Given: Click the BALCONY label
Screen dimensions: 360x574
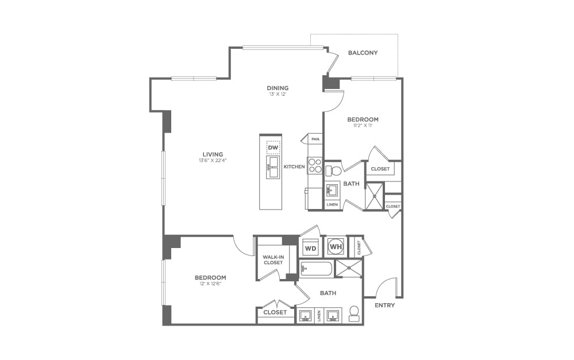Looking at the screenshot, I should click(x=363, y=53).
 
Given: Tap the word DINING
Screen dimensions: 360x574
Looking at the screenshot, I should click(x=277, y=88).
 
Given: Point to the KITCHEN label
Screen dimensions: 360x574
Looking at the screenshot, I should click(x=294, y=167).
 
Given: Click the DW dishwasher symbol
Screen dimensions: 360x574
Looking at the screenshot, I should click(x=273, y=148).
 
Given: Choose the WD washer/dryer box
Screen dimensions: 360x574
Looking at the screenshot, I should click(x=310, y=249).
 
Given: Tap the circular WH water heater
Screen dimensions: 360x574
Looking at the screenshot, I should click(x=335, y=247).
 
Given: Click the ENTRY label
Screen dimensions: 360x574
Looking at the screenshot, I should click(x=384, y=305).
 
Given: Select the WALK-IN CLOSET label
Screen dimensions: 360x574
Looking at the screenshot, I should click(x=273, y=260).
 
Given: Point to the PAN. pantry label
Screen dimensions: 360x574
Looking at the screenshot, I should click(x=315, y=139).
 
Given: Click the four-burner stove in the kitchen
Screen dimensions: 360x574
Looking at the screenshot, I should click(x=315, y=166).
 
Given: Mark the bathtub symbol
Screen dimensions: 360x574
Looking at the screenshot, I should click(x=316, y=269).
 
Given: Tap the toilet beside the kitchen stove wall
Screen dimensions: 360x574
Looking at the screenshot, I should click(x=333, y=171).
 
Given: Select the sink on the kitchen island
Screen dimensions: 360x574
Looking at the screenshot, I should click(x=272, y=168).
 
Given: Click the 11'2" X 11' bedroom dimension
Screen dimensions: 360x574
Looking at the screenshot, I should click(x=363, y=126).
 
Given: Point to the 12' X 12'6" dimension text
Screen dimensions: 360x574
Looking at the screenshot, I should click(x=210, y=284).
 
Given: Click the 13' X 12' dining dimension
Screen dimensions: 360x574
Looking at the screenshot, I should click(x=277, y=94).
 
